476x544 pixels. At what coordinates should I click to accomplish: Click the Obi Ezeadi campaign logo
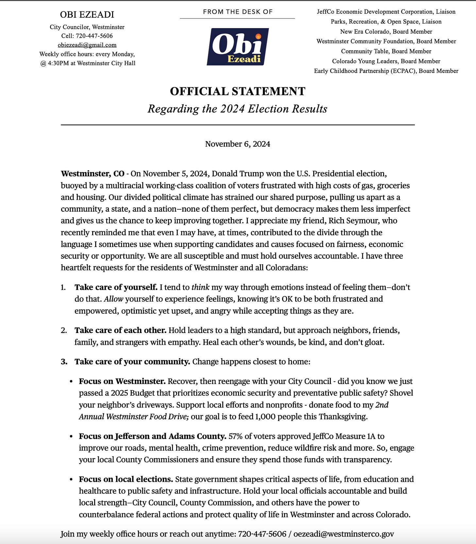click(238, 47)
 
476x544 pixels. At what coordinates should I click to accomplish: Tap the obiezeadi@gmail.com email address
click(87, 45)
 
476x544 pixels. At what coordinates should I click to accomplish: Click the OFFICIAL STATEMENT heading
click(238, 91)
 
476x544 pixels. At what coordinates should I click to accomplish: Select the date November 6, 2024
click(238, 144)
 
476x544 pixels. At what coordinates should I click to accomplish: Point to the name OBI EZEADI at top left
click(87, 15)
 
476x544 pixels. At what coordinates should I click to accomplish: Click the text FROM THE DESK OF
click(238, 12)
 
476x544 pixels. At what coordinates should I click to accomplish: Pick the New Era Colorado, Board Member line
click(386, 31)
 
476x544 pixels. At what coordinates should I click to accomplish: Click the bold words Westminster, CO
click(93, 174)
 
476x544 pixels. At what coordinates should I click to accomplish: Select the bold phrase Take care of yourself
click(116, 287)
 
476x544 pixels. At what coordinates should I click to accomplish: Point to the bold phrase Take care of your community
click(132, 362)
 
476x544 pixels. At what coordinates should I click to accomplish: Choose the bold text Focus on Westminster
click(122, 381)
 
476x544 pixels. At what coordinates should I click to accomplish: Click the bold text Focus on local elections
click(126, 480)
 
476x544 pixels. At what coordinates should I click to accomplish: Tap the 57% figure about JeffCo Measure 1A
click(235, 436)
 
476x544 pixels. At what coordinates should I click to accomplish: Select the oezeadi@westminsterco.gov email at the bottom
click(343, 534)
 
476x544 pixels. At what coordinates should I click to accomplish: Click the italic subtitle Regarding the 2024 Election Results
click(238, 109)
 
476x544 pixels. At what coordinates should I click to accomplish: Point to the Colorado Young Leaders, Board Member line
click(386, 61)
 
